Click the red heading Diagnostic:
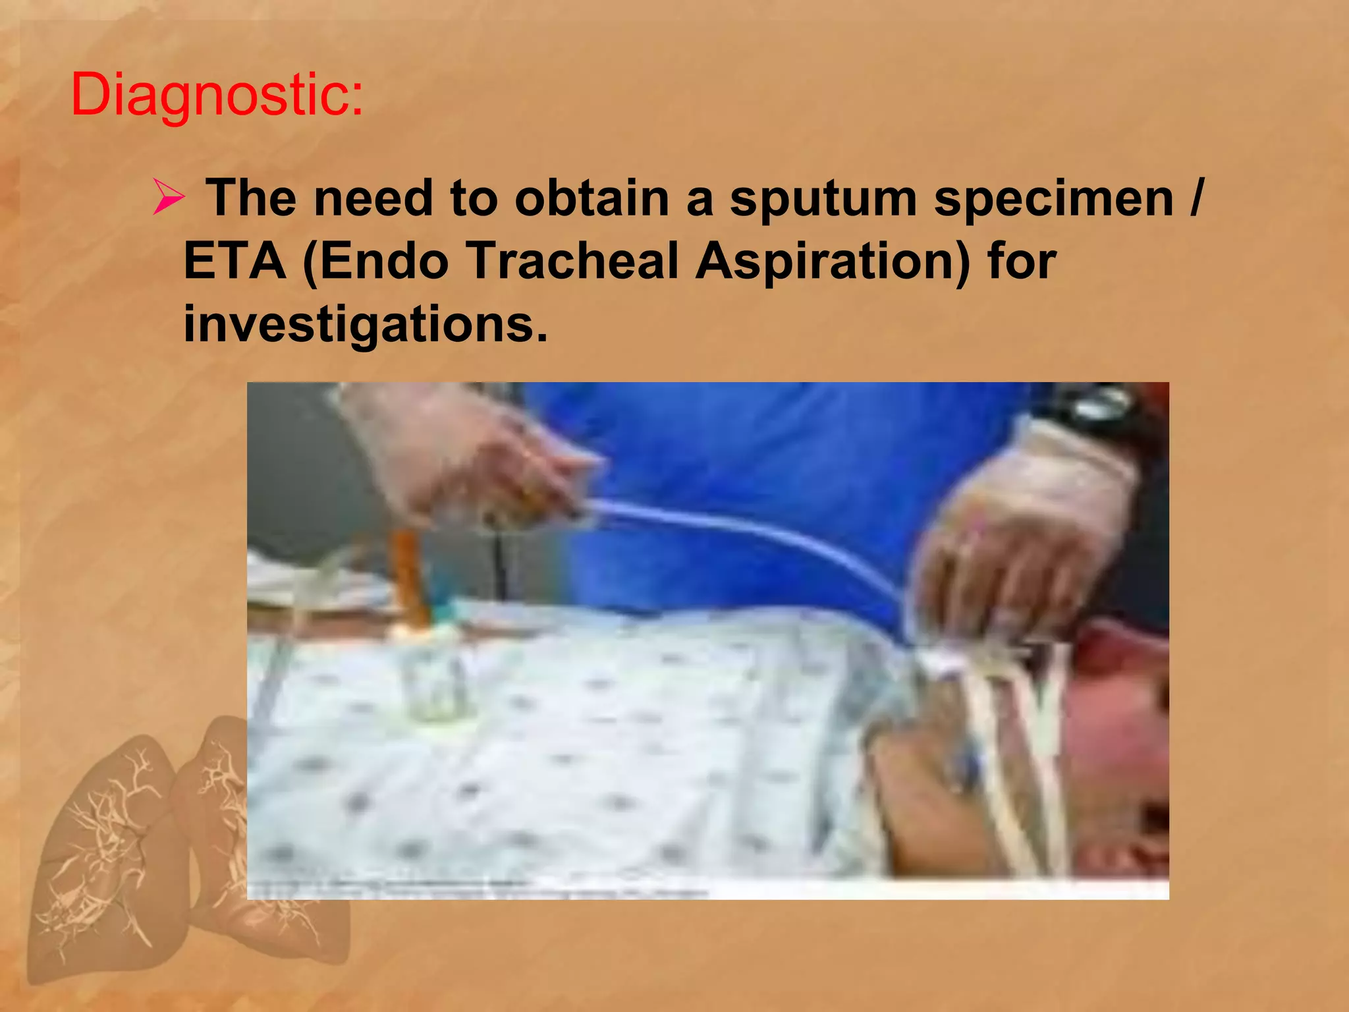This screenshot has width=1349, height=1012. pos(217,96)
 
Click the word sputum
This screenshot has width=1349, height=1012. pos(823,198)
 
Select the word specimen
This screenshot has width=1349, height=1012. pos(1054,198)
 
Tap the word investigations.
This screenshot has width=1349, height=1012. pos(365,325)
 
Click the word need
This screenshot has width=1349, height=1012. pos(373,198)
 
